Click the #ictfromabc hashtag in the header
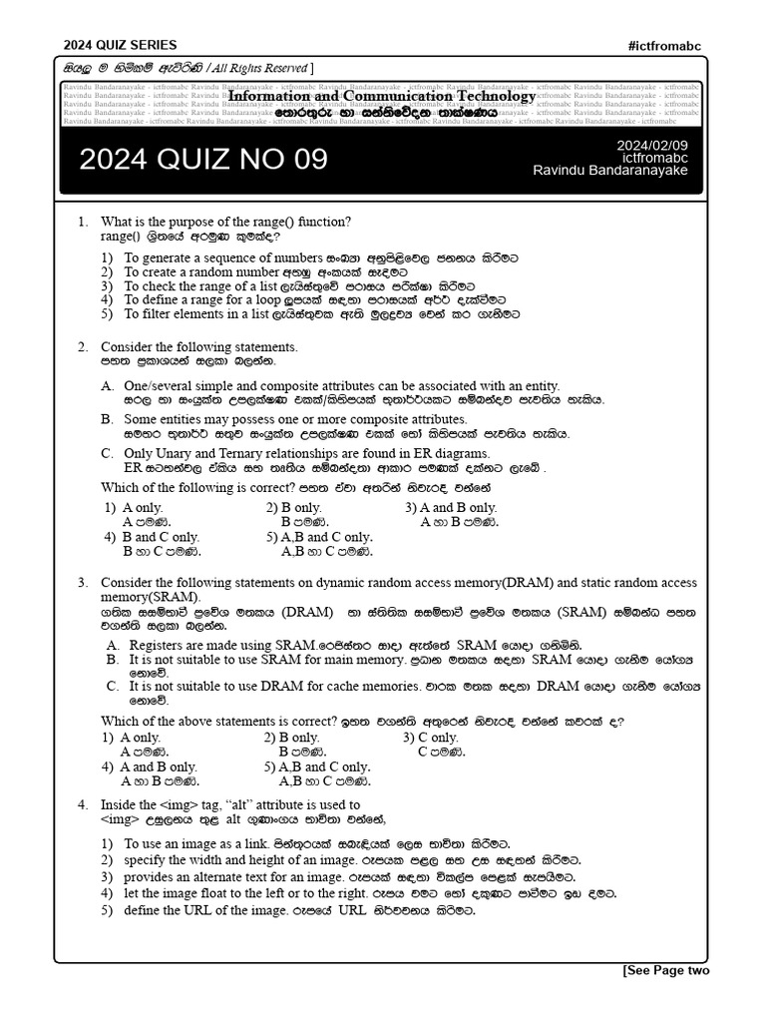[x=668, y=45]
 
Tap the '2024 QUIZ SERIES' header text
[x=121, y=45]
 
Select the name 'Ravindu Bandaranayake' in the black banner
[x=610, y=171]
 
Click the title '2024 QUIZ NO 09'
[x=202, y=160]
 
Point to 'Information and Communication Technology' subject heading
[x=382, y=97]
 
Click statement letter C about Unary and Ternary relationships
[x=107, y=453]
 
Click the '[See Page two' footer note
[x=665, y=970]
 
